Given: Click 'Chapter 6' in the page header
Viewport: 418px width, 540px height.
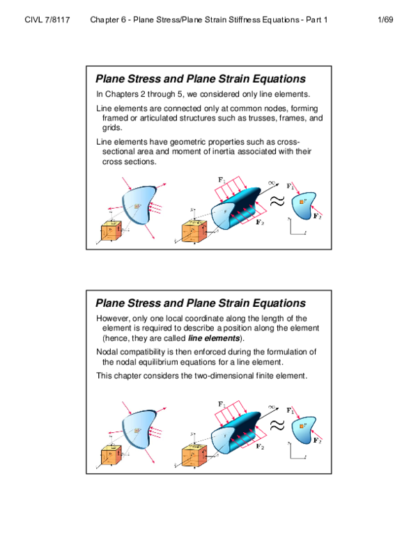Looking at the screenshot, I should point(108,20).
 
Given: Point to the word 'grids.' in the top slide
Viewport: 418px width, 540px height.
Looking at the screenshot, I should point(112,128).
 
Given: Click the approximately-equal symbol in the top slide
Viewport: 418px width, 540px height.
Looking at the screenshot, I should point(277,200).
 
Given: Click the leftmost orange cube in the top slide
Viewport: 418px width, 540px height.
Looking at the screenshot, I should point(111,232).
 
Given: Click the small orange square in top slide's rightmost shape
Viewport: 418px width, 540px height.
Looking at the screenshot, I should point(302,202).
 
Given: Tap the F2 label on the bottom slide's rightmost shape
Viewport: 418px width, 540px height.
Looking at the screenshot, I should point(317,441).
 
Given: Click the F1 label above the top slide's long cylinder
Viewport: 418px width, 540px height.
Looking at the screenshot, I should point(222,180).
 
